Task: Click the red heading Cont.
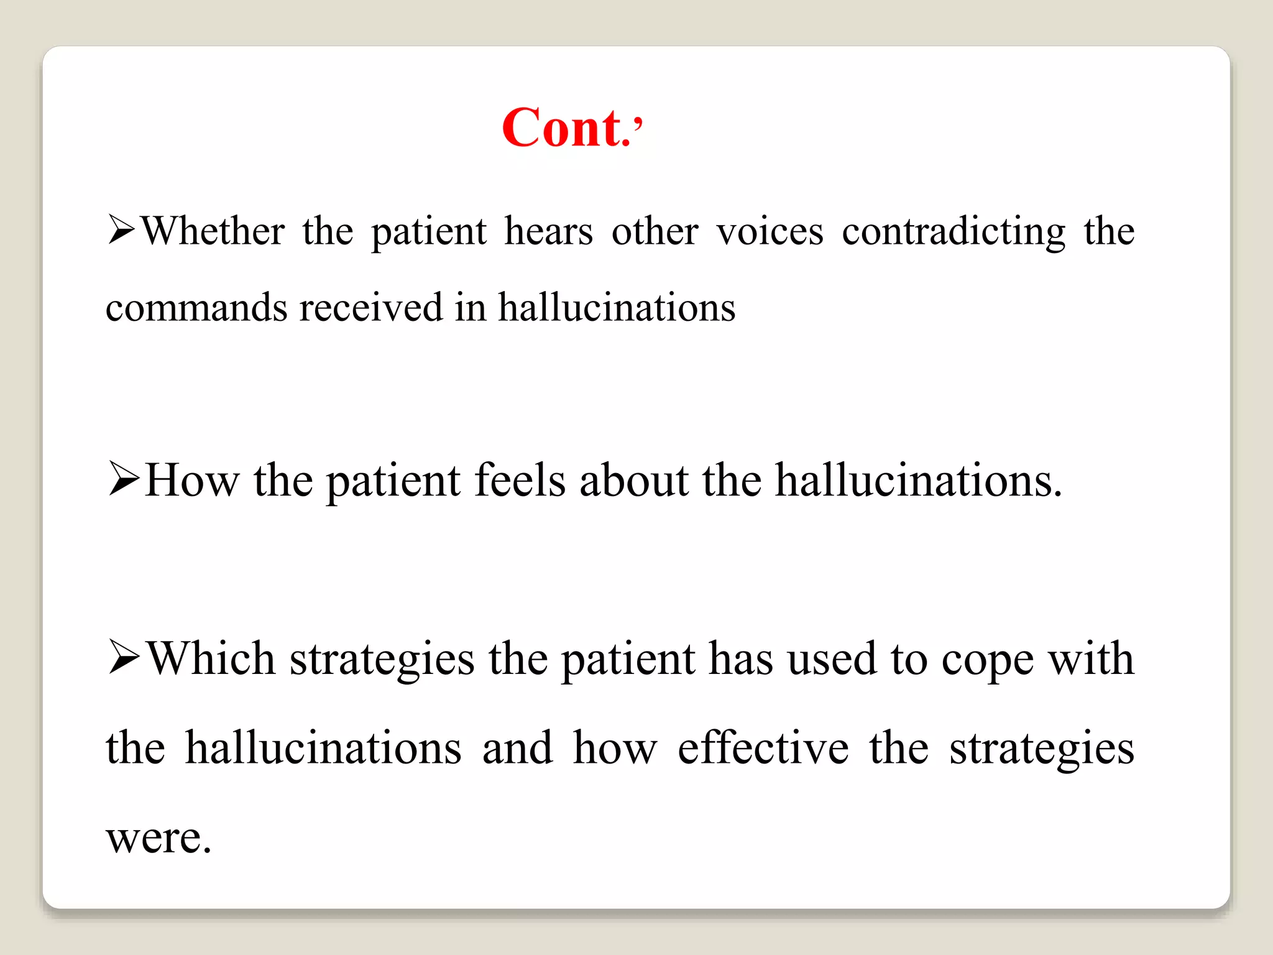(x=572, y=127)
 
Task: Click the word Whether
(x=213, y=231)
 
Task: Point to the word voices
(x=770, y=231)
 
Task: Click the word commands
(x=196, y=307)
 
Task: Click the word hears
(x=548, y=231)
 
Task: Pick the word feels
(x=520, y=480)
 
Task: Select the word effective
(x=763, y=747)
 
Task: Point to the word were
(x=159, y=837)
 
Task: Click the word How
(x=191, y=480)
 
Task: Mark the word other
(x=655, y=231)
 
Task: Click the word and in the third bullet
(x=517, y=747)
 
